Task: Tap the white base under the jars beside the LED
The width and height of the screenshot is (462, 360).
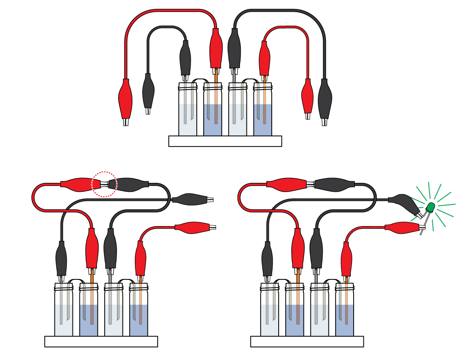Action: pos(307,341)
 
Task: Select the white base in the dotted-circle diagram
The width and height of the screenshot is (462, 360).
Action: pos(101,341)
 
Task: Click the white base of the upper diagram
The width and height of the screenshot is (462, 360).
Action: pos(225,141)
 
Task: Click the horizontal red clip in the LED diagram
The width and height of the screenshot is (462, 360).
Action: pos(287,184)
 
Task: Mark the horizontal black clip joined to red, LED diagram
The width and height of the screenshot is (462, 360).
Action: pos(334,184)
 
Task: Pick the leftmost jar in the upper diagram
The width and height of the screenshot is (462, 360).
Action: pos(188,110)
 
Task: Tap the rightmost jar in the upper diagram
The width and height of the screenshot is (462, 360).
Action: pos(262,110)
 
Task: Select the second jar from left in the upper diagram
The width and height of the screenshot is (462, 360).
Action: pos(213,110)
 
